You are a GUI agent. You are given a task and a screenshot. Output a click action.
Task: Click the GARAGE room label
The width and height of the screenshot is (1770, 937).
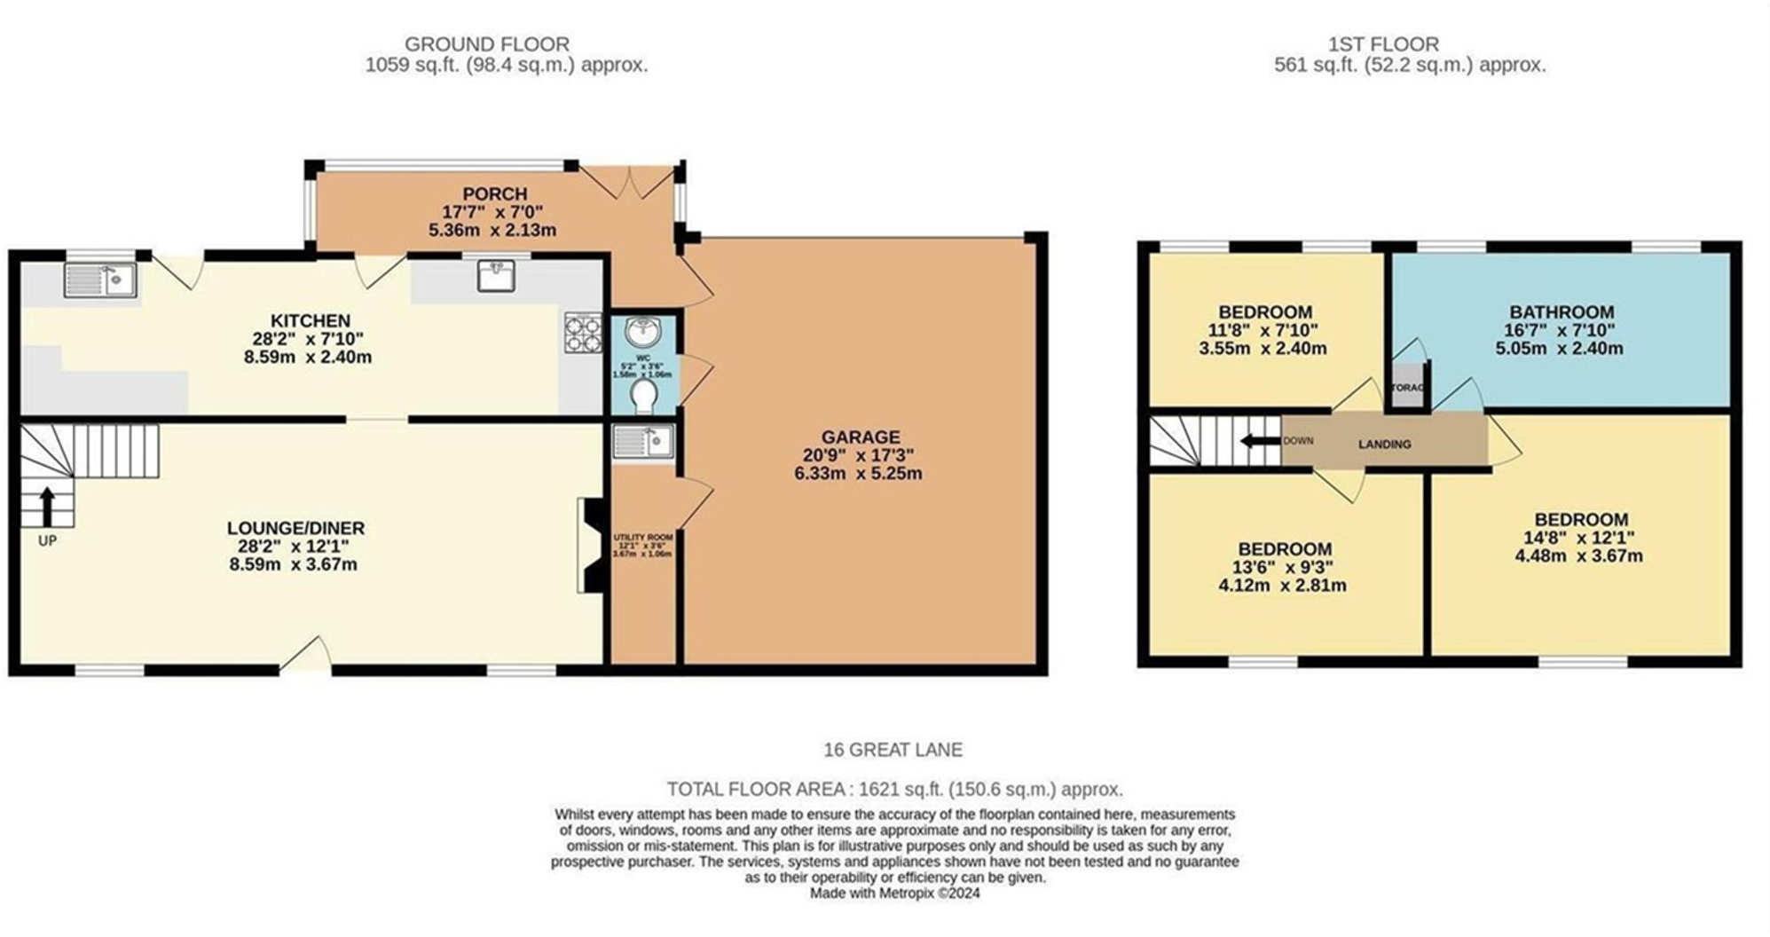[860, 437]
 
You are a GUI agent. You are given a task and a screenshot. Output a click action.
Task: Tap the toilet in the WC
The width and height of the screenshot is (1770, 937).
[644, 397]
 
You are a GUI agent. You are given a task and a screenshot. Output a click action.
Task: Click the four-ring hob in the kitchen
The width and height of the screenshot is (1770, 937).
[583, 333]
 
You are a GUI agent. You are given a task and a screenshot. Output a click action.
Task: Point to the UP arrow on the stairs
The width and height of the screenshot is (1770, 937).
[46, 506]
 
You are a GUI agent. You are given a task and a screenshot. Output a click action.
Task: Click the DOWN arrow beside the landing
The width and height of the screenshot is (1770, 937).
[1260, 441]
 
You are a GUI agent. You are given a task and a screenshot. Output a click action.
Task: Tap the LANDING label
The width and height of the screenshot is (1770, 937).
[1384, 444]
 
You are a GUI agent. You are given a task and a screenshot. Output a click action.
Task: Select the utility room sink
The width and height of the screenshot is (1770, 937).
[643, 441]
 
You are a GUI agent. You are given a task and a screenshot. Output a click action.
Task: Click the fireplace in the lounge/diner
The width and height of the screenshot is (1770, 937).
[591, 544]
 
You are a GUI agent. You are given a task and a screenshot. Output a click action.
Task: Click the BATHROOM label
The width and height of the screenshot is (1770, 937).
[1562, 312]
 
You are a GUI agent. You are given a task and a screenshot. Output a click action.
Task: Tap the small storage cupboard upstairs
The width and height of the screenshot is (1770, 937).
[1407, 388]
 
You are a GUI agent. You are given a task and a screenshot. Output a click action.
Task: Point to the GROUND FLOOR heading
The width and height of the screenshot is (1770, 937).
[486, 43]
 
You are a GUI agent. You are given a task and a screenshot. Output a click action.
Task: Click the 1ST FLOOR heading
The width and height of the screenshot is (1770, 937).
[1383, 43]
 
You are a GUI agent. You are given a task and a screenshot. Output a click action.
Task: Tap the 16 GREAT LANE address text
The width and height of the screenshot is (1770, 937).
[893, 750]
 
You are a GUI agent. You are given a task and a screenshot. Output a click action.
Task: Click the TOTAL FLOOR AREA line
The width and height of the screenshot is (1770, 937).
[894, 789]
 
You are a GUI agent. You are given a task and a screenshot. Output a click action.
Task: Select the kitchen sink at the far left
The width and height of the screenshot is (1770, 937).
[99, 280]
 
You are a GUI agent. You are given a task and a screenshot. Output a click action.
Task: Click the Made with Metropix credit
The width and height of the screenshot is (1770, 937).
[894, 894]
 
